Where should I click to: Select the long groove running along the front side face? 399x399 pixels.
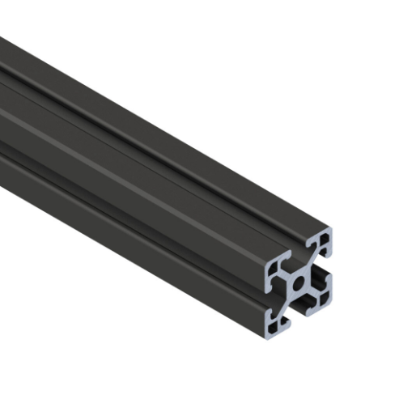pyautogui.click(x=121, y=202)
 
